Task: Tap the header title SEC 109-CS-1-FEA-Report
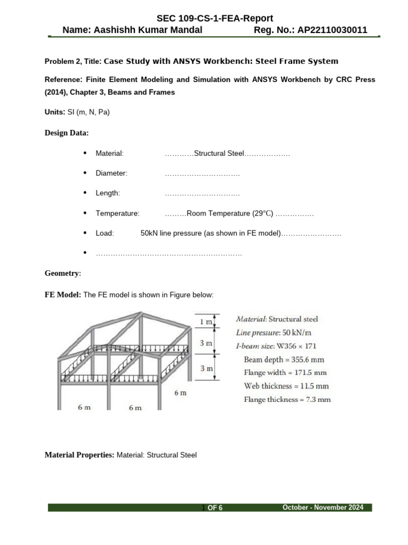tap(215, 19)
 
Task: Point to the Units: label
tap(55, 112)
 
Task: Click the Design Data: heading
tap(66, 133)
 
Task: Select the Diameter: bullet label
tap(112, 173)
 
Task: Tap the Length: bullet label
tap(108, 193)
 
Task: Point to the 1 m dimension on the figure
tap(206, 322)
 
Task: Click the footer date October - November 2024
tap(323, 508)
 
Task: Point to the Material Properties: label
tap(79, 455)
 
